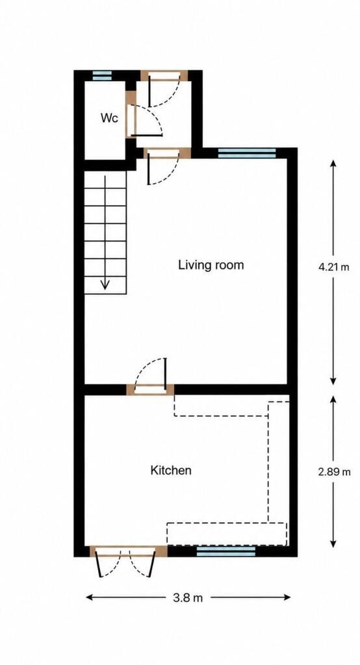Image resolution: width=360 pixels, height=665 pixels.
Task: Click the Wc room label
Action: pos(109,118)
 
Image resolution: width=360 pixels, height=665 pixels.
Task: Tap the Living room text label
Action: pos(211,266)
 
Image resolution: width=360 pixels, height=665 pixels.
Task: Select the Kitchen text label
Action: pos(171,470)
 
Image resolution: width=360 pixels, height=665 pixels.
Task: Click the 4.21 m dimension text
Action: pos(333,268)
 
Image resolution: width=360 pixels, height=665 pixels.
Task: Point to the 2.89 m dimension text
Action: pos(335,471)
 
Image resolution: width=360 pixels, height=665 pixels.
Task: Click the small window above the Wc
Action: pos(102,75)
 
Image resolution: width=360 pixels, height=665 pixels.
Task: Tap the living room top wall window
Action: pos(247,153)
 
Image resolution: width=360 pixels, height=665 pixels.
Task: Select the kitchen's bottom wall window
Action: pos(226,551)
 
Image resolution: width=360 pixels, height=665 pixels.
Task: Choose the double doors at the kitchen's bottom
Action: pos(128,560)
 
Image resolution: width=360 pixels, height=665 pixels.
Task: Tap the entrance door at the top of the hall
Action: pos(164,88)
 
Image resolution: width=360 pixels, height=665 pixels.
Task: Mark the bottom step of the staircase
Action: pos(105,285)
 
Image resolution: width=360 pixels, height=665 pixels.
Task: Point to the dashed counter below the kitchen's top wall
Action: pos(221,405)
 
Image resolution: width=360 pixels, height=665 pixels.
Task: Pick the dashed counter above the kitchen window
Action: pos(227,534)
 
